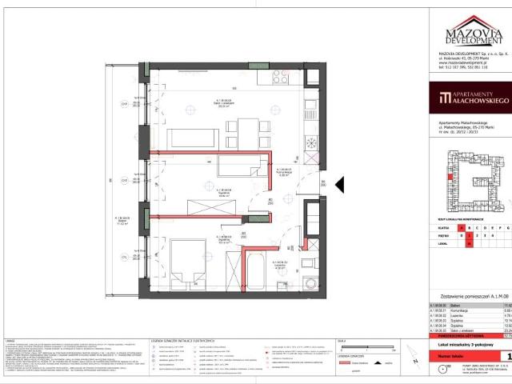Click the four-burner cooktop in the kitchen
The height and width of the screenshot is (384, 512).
tap(282, 78)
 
